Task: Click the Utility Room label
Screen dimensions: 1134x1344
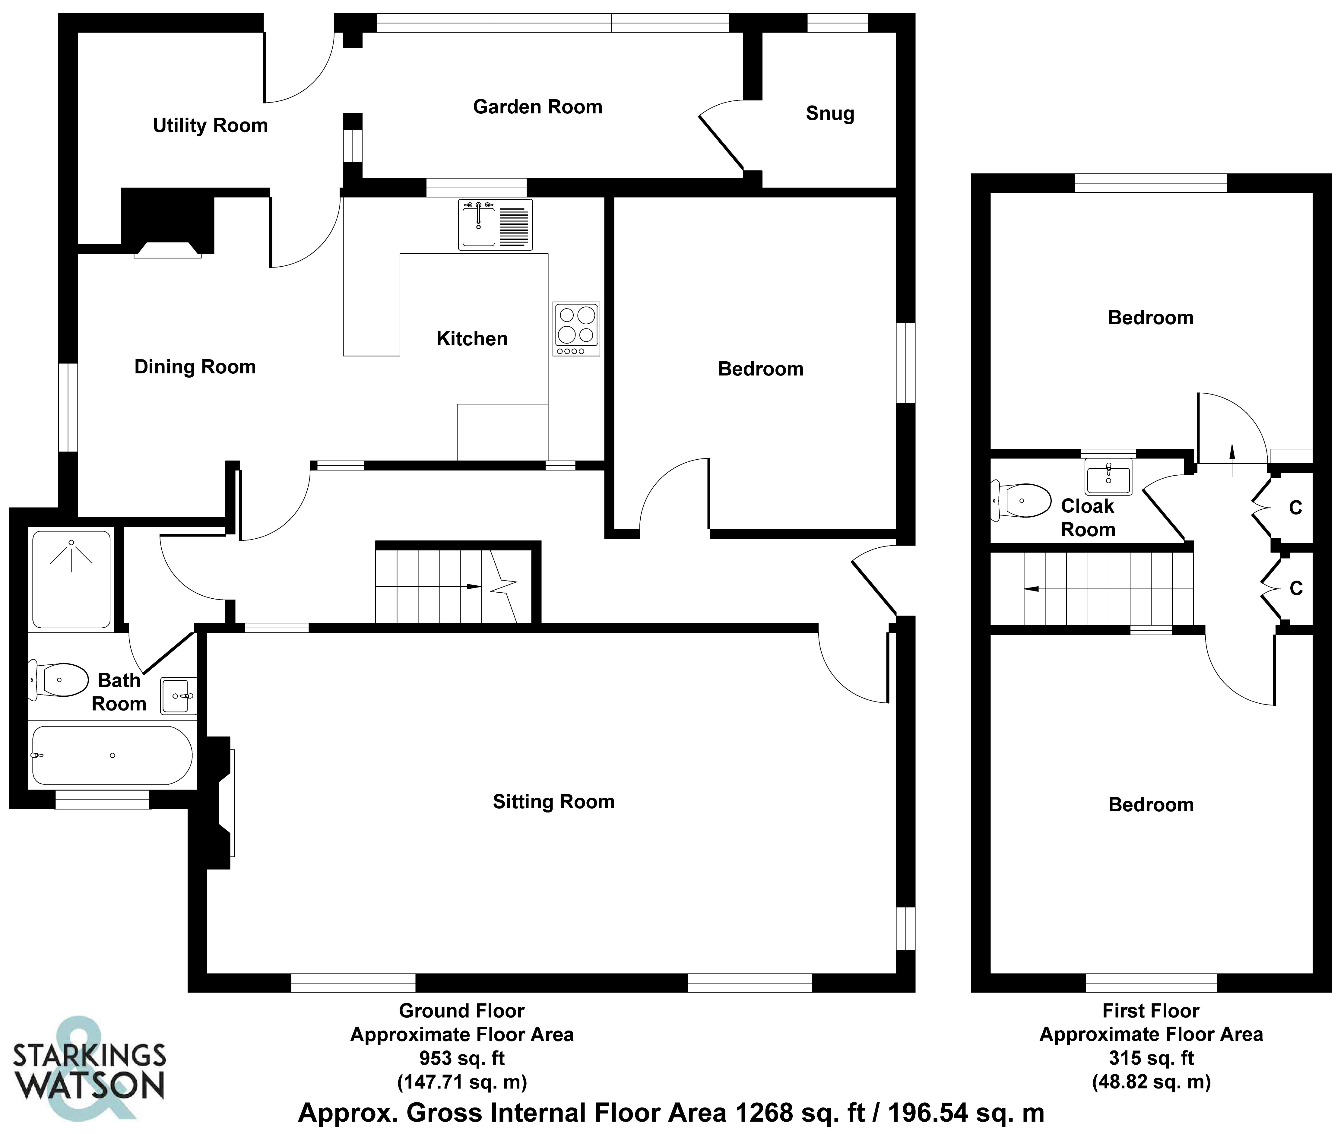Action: click(x=210, y=125)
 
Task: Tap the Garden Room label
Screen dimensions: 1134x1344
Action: click(x=537, y=107)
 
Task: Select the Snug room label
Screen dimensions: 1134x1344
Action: click(x=830, y=114)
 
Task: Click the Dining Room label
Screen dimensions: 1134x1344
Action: click(x=195, y=367)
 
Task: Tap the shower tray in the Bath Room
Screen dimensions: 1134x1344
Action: click(x=71, y=578)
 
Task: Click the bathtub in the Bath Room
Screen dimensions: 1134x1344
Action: click(x=112, y=755)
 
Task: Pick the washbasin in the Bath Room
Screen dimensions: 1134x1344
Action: click(x=177, y=695)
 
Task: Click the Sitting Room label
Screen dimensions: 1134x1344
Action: click(x=553, y=802)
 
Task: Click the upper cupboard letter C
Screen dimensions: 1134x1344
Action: click(x=1295, y=508)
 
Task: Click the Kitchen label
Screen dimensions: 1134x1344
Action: click(x=472, y=339)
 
